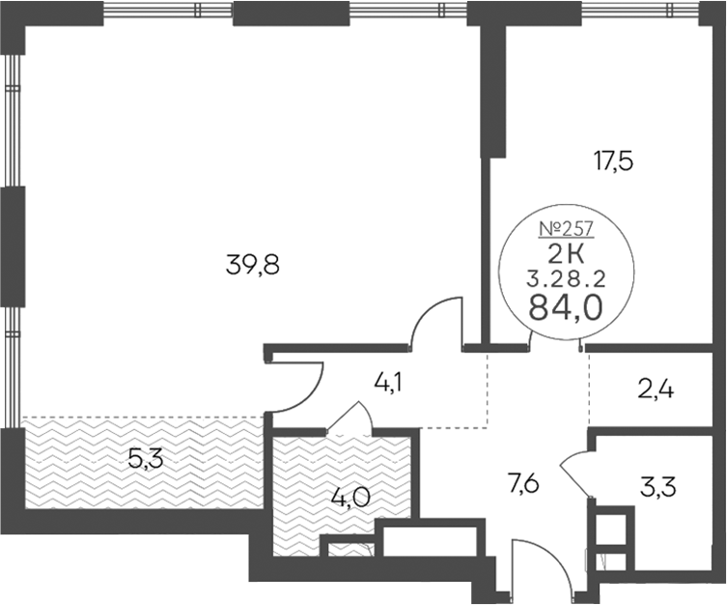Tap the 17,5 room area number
click(x=613, y=163)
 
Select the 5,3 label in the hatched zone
click(x=146, y=460)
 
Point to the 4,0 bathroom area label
click(x=350, y=499)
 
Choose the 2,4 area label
click(x=656, y=390)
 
